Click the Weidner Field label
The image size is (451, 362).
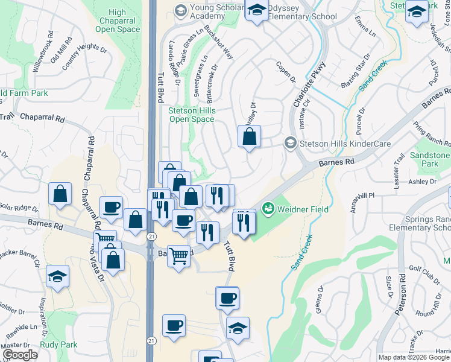pyautogui.click(x=302, y=209)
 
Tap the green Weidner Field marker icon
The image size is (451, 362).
pyautogui.click(x=268, y=209)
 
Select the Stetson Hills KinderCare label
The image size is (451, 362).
pyautogui.click(x=346, y=144)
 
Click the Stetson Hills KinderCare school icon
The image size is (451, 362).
pyautogui.click(x=291, y=143)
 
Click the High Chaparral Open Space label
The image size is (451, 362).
pyautogui.click(x=118, y=21)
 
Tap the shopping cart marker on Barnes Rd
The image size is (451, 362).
pyautogui.click(x=178, y=257)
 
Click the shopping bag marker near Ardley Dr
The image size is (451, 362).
pyautogui.click(x=249, y=136)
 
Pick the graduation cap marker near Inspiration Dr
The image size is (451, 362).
pyautogui.click(x=58, y=276)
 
